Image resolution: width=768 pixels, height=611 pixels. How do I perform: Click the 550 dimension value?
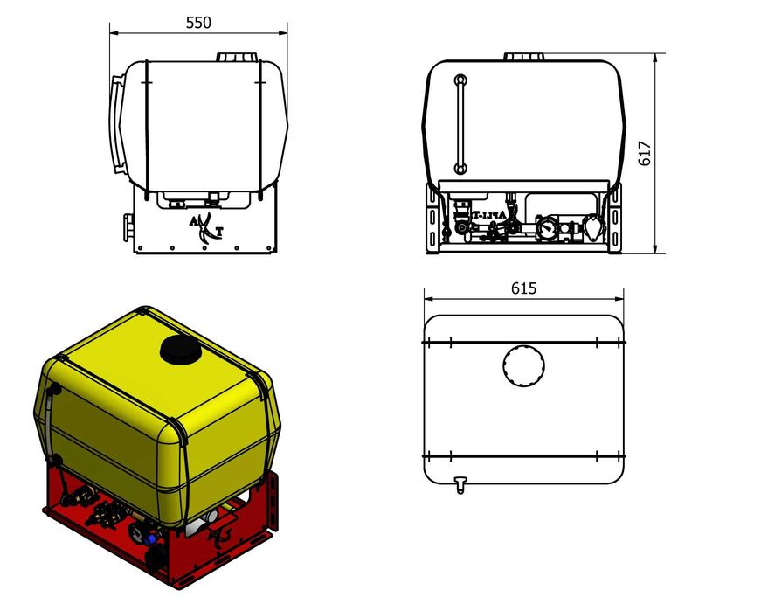(198, 23)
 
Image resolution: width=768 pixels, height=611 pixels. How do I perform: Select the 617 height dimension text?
(646, 153)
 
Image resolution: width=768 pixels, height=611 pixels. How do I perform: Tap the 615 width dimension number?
(523, 288)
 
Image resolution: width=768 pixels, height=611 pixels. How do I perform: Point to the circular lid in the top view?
(523, 367)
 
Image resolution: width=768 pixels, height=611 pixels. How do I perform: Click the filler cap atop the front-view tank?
(524, 57)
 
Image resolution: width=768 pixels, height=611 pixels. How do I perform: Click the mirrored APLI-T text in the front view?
(490, 215)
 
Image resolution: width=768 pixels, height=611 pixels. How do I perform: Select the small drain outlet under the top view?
(460, 484)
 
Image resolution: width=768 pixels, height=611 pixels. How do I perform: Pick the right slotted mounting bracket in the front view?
(615, 222)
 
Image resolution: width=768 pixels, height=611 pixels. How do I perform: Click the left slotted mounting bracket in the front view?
(432, 222)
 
